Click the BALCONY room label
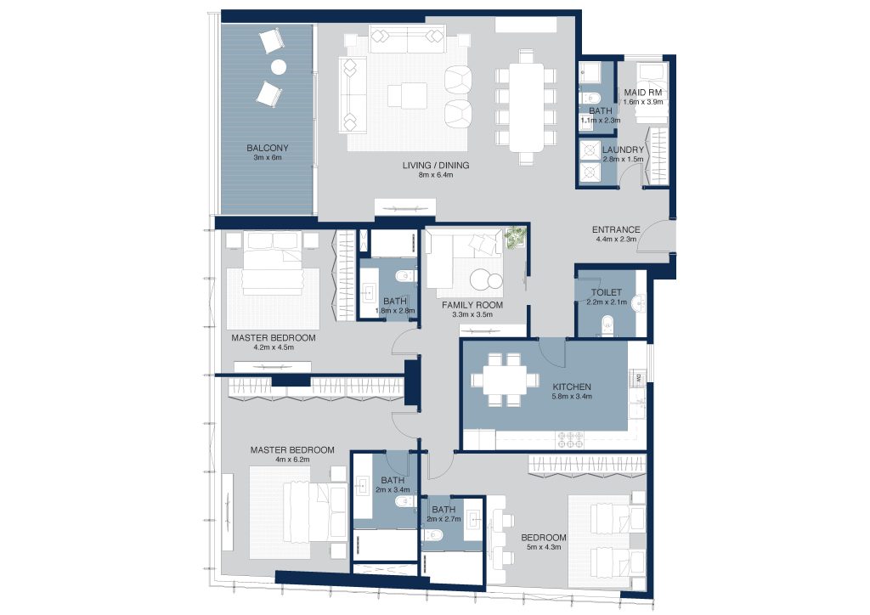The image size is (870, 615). coord(268,148)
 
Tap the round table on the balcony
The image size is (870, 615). coord(279,67)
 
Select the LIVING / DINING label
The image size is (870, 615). coord(436,166)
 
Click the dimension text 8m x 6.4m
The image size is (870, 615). coord(436,175)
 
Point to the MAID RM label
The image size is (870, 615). coord(642,93)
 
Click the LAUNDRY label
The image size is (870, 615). coord(623,150)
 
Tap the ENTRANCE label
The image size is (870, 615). coord(616,229)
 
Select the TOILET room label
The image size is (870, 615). coord(607,292)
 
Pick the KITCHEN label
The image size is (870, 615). coord(572,386)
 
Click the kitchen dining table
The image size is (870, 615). coord(505,380)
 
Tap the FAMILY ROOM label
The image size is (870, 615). coord(472,305)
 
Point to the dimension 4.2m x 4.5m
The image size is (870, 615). coord(274,347)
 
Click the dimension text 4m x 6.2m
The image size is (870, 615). coord(292,460)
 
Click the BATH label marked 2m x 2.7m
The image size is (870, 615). coord(443,509)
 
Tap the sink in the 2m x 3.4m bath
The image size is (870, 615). coord(363,486)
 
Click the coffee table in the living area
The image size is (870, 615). coord(408,94)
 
